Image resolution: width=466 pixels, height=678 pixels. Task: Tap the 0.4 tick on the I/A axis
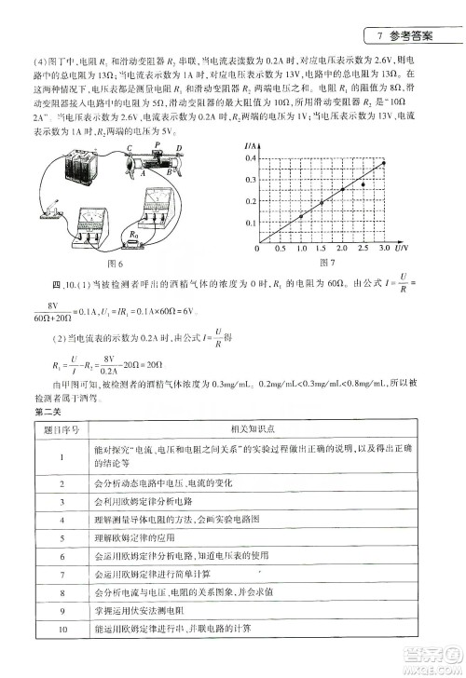pyautogui.click(x=250, y=159)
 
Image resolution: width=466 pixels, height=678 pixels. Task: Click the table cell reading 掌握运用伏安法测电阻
pyautogui.click(x=144, y=610)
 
